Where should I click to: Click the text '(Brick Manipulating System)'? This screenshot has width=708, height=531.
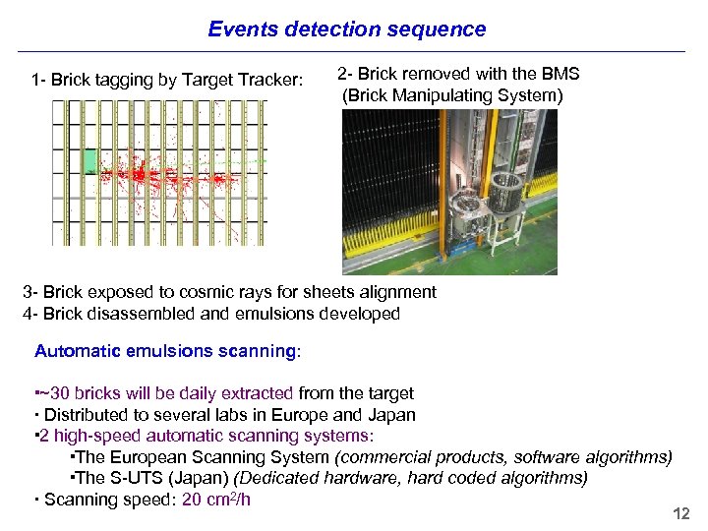(x=452, y=95)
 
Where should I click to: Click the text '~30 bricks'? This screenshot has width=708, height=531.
(x=79, y=393)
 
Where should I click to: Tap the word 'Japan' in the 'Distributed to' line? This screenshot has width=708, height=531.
(x=392, y=415)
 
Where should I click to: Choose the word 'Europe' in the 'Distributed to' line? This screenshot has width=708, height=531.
(x=311, y=415)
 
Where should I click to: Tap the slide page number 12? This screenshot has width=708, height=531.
(x=680, y=514)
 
